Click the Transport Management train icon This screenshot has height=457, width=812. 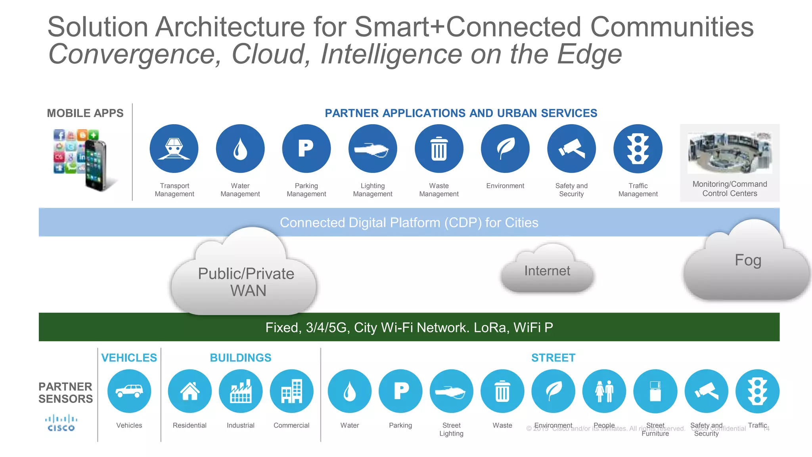pyautogui.click(x=174, y=149)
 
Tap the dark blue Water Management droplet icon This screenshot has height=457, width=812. pyautogui.click(x=240, y=149)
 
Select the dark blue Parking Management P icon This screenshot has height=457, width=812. pyautogui.click(x=306, y=149)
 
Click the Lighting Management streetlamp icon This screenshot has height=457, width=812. pyautogui.click(x=373, y=149)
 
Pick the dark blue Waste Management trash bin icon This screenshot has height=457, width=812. pyautogui.click(x=439, y=149)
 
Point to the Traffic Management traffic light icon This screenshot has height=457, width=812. pyautogui.click(x=638, y=149)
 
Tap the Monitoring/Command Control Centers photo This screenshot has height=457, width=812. pyautogui.click(x=730, y=153)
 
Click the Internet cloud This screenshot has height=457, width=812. pyautogui.click(x=547, y=271)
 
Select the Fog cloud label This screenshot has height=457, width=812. pyautogui.click(x=748, y=260)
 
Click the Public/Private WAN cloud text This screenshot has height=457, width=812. pyautogui.click(x=246, y=282)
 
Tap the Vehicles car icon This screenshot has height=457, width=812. pyautogui.click(x=129, y=391)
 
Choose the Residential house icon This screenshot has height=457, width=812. pyautogui.click(x=190, y=391)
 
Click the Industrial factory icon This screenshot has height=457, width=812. pyautogui.click(x=241, y=391)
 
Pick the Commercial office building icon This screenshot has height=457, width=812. pyautogui.click(x=291, y=391)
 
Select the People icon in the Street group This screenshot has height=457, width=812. pyautogui.click(x=604, y=391)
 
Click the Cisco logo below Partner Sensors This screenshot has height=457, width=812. pyautogui.click(x=61, y=423)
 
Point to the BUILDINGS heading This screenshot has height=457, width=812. pyautogui.click(x=240, y=358)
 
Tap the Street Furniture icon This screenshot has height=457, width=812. pyautogui.click(x=655, y=391)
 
